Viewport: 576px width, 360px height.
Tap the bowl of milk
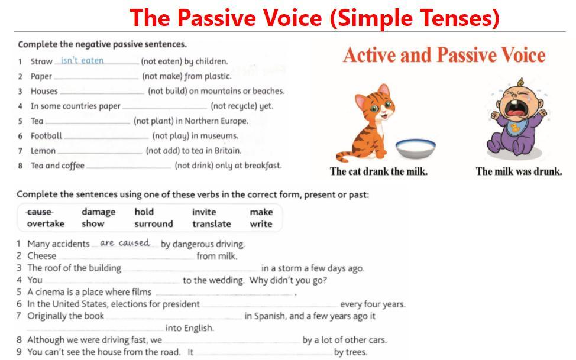click(416, 148)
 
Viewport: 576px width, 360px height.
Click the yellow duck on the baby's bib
click(516, 127)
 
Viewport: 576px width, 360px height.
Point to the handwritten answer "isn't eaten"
click(82, 60)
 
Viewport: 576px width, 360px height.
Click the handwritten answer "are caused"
click(125, 243)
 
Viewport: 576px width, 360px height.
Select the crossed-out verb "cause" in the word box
click(40, 212)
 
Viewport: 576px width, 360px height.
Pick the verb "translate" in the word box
click(212, 223)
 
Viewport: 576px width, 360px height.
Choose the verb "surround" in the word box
click(154, 223)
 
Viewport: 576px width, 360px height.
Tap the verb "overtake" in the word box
click(46, 223)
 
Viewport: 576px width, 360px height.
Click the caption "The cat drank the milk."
click(378, 171)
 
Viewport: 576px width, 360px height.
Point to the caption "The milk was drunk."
click(519, 171)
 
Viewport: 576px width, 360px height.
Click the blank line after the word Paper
click(96, 79)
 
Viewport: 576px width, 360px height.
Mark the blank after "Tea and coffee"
click(129, 168)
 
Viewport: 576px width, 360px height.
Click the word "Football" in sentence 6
click(46, 136)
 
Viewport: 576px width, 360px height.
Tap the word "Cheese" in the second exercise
click(42, 256)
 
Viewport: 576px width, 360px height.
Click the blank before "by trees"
click(264, 355)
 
